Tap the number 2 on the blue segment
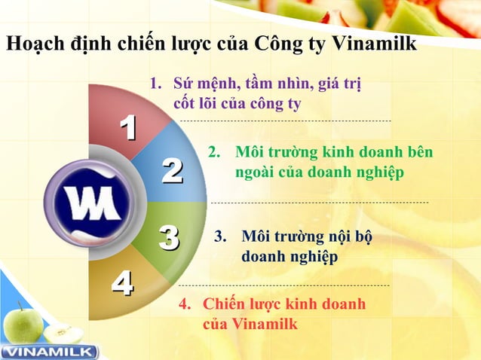(x=172, y=171)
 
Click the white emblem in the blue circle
(x=88, y=203)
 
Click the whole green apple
(x=22, y=325)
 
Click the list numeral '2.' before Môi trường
(x=214, y=152)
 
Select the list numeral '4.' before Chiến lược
(x=184, y=304)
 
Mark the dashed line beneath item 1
(x=286, y=121)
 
